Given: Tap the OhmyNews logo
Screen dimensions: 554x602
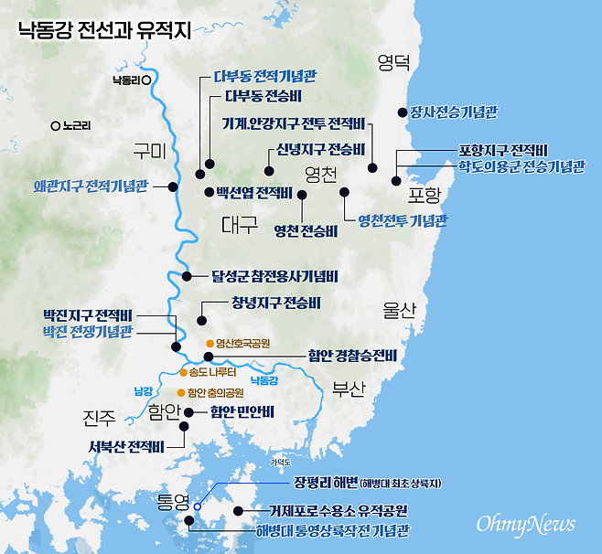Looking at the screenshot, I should pyautogui.click(x=525, y=523).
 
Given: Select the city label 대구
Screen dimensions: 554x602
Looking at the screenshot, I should pyautogui.click(x=241, y=224).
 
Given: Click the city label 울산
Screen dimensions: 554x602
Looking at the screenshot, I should pyautogui.click(x=400, y=311).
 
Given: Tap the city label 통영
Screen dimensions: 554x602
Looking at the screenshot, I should pyautogui.click(x=171, y=502).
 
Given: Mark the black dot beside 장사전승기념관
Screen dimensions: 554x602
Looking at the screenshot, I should pyautogui.click(x=402, y=112).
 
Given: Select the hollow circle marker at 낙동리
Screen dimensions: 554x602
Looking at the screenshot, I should pyautogui.click(x=146, y=80).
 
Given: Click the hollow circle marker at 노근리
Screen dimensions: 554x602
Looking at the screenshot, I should pyautogui.click(x=56, y=126).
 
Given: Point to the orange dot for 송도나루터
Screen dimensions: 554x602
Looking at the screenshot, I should pyautogui.click(x=183, y=373).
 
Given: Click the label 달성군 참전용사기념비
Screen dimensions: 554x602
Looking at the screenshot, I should pyautogui.click(x=274, y=275).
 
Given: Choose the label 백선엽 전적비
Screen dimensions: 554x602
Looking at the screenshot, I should pyautogui.click(x=253, y=192).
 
